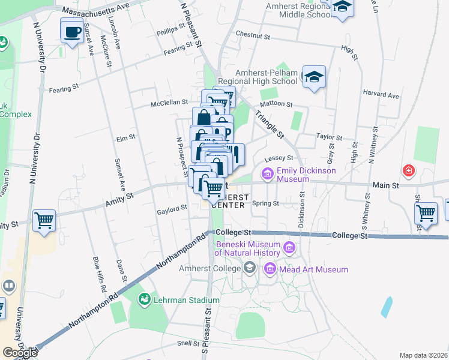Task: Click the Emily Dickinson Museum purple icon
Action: (267, 175)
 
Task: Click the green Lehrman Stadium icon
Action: (144, 299)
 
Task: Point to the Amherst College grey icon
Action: (250, 268)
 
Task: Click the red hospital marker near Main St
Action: (409, 171)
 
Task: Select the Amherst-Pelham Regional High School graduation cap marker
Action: (314, 77)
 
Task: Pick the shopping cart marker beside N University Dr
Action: (44, 221)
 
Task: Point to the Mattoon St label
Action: (276, 104)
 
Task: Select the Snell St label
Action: (188, 343)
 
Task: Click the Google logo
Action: (20, 353)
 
